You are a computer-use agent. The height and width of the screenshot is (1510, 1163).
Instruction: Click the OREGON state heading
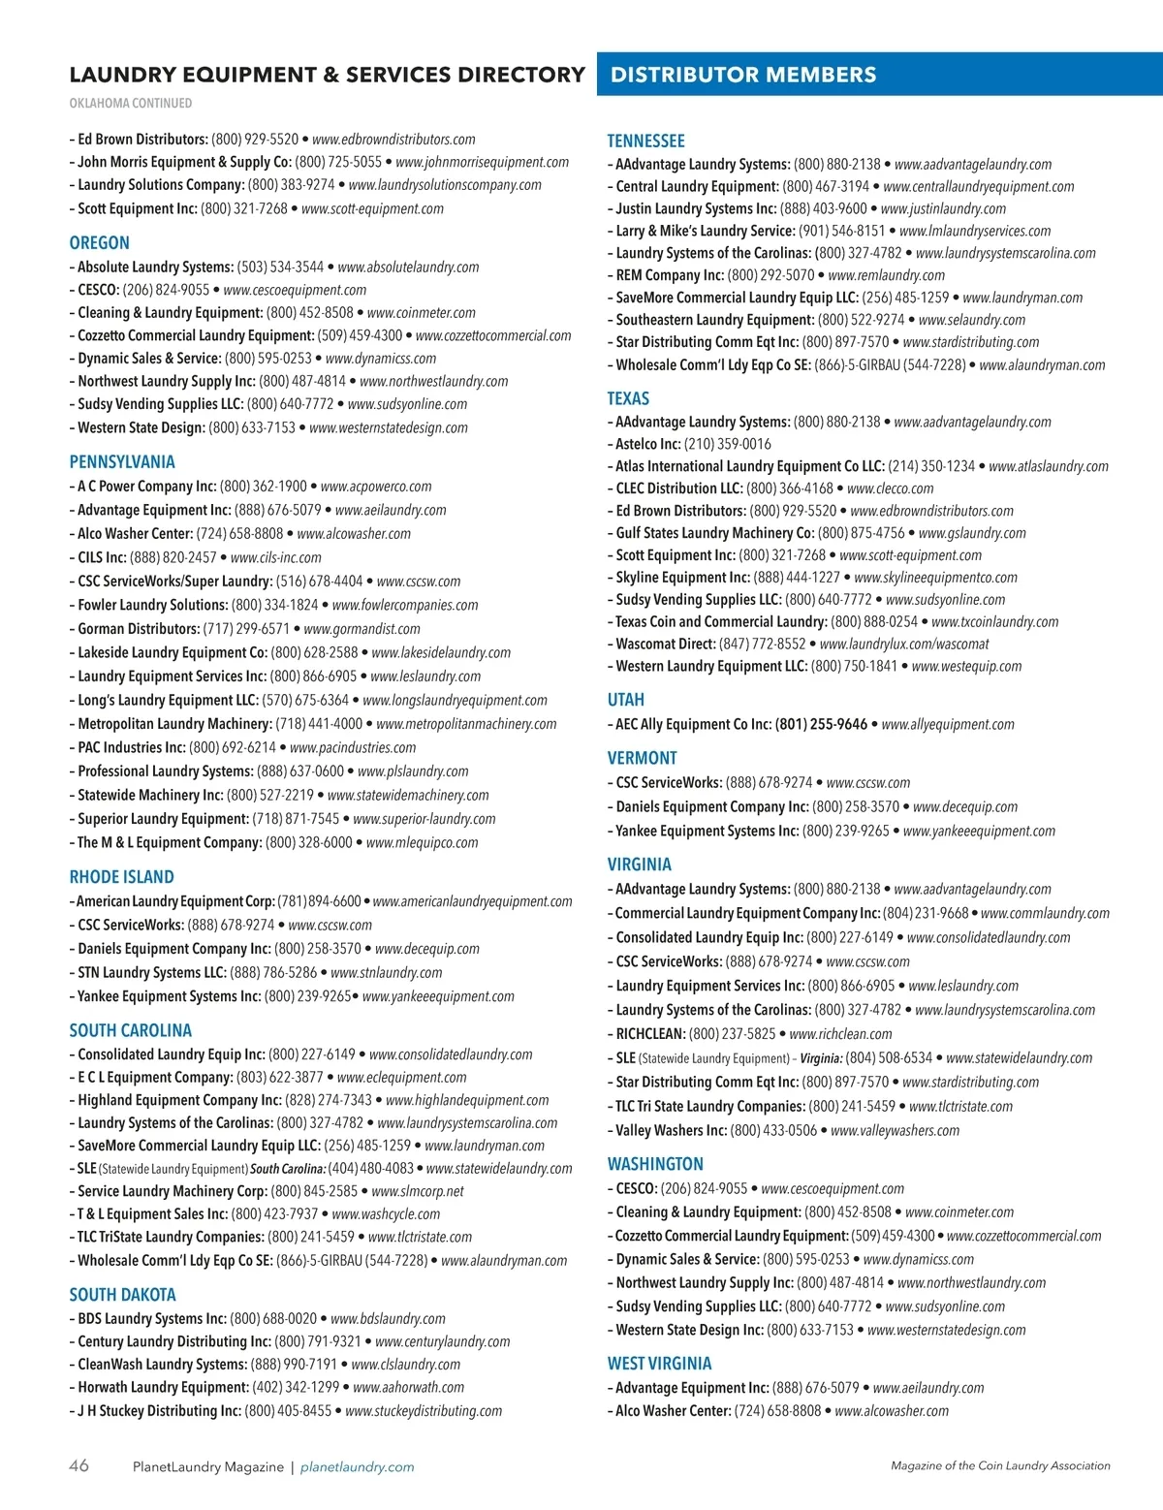[x=99, y=243]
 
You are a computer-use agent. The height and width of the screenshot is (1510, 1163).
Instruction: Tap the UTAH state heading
[x=625, y=700]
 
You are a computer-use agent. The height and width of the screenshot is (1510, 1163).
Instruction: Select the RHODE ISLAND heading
[x=121, y=877]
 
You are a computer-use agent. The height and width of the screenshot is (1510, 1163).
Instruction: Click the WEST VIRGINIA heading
[x=659, y=1364]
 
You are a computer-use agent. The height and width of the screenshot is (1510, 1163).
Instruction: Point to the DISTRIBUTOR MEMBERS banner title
[x=743, y=75]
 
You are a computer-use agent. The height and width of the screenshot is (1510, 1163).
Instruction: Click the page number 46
[x=79, y=1465]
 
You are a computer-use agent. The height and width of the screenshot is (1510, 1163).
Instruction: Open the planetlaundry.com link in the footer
[x=357, y=1467]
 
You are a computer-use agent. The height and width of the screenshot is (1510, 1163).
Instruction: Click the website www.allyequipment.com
[x=948, y=724]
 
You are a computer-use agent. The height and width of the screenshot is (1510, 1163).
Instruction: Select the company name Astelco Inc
[x=648, y=444]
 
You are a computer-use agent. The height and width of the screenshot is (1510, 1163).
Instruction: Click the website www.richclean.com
[x=840, y=1034]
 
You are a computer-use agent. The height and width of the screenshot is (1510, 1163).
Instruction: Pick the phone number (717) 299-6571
[x=246, y=629]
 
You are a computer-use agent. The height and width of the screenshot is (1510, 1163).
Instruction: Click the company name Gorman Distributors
[x=138, y=629]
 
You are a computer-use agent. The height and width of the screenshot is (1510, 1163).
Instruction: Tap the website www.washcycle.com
[x=386, y=1214]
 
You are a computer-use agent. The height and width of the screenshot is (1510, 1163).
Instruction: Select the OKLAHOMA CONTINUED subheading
[x=130, y=103]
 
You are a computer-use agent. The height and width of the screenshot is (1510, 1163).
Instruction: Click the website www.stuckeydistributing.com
[x=424, y=1411]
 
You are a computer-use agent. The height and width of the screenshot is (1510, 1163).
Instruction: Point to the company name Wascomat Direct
[x=665, y=644]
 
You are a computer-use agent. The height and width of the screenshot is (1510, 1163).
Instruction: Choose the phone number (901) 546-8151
[x=841, y=231]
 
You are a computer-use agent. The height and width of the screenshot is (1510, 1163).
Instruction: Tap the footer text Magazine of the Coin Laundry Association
[x=1000, y=1466]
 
